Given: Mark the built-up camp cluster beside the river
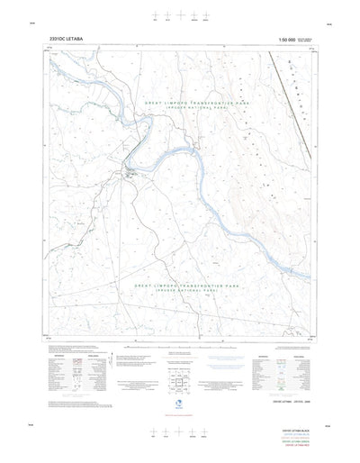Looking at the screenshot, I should pos(131,170).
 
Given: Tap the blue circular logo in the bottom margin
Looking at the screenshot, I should pos(180,404).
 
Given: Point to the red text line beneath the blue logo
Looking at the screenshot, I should pos(180,415).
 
